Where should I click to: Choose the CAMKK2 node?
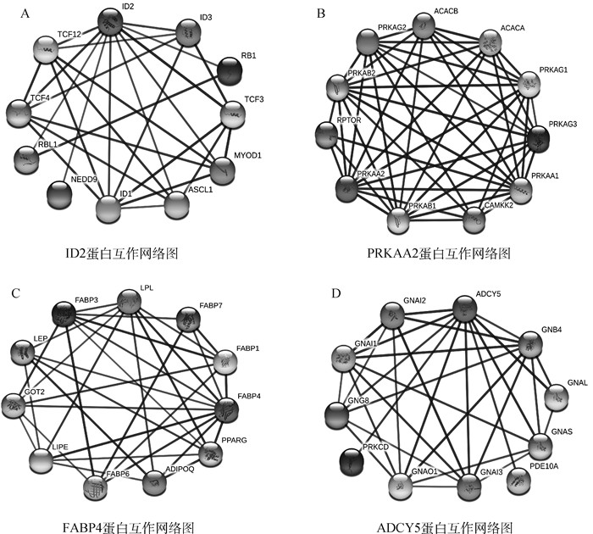click(476, 219)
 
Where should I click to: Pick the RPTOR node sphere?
click(325, 134)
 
